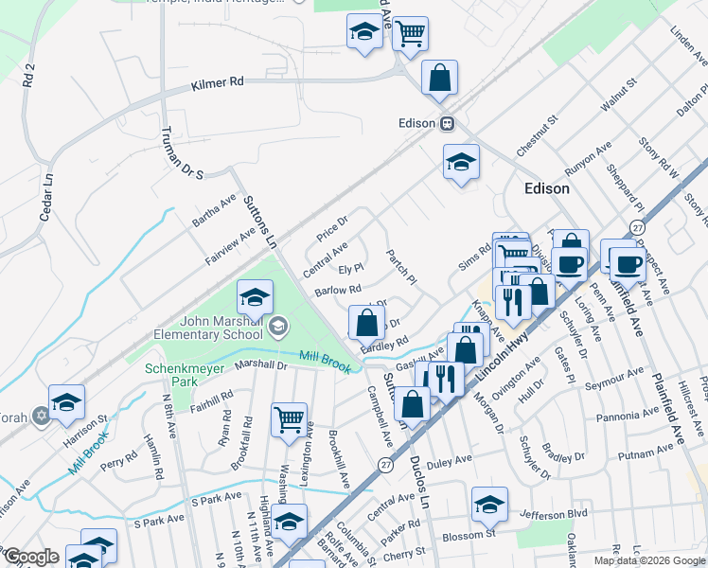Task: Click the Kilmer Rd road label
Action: click(x=217, y=82)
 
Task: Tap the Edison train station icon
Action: click(x=449, y=123)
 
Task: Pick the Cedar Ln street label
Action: click(x=44, y=195)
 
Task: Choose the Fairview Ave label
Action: click(x=231, y=246)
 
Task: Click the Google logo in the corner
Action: click(x=31, y=557)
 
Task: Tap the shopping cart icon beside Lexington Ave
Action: click(x=289, y=418)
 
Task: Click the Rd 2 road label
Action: click(x=28, y=74)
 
